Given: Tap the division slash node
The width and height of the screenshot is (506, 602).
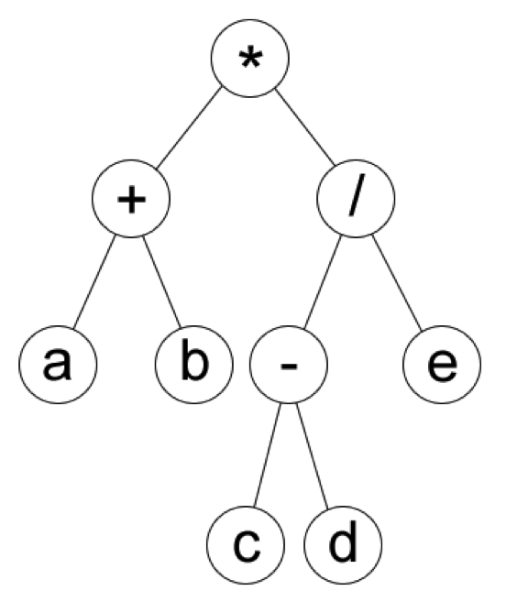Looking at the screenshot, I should [357, 201].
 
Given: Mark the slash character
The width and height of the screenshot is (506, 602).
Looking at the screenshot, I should [357, 201].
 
